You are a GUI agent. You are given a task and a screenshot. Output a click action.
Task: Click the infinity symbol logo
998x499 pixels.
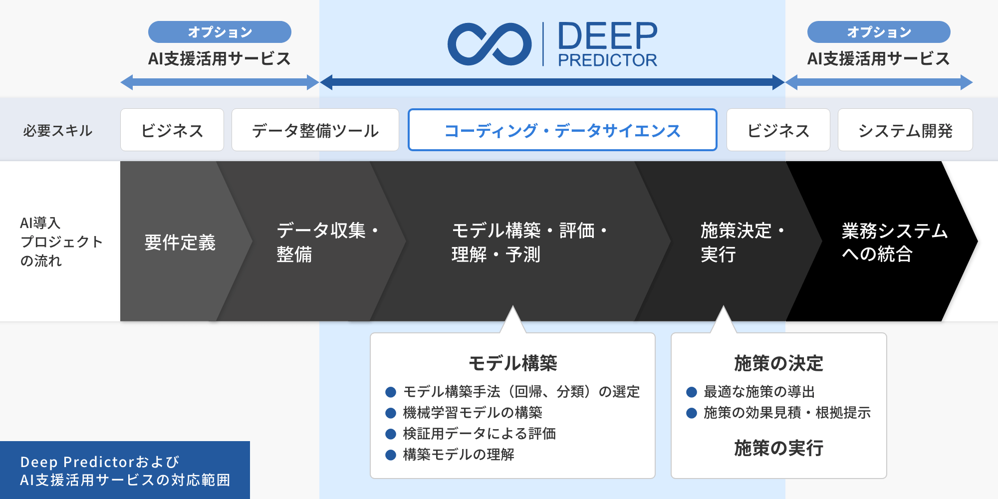(x=490, y=44)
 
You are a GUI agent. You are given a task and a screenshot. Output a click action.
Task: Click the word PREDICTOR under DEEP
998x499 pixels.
(x=607, y=60)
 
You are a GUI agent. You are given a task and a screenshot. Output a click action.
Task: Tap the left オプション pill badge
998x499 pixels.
(x=220, y=32)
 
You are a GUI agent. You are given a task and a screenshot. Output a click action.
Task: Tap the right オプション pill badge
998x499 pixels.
(x=879, y=32)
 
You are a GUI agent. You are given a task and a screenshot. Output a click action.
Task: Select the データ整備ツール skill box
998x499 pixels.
(x=315, y=130)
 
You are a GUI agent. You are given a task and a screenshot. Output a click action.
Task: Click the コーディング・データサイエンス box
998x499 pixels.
(x=562, y=130)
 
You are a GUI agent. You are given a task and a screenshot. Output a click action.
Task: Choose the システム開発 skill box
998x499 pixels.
(x=905, y=130)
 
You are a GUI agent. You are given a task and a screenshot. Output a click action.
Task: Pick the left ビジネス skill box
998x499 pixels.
(x=172, y=130)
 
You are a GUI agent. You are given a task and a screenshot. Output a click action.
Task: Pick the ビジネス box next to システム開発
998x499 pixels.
(x=778, y=130)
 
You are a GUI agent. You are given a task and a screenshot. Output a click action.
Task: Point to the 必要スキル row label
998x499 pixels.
(x=58, y=131)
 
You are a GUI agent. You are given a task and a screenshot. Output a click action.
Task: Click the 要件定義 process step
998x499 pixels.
(x=180, y=243)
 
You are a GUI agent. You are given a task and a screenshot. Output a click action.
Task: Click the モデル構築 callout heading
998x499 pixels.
(x=512, y=363)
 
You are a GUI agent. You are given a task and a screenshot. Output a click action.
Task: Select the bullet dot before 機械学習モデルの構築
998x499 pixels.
(x=391, y=413)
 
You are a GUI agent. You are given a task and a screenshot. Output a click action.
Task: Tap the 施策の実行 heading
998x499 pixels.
(x=778, y=448)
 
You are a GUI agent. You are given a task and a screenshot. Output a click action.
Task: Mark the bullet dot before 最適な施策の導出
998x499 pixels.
(x=692, y=392)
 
